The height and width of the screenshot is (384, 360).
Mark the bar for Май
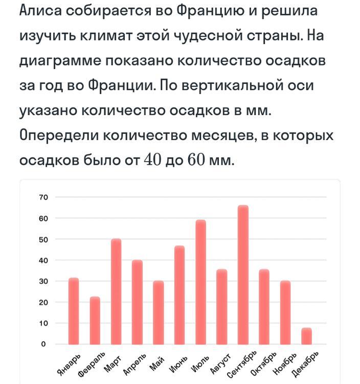[x=159, y=312]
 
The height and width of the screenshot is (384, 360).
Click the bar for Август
[x=222, y=307]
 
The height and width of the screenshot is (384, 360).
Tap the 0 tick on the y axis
[x=44, y=344]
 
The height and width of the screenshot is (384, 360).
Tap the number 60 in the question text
[x=195, y=161]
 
